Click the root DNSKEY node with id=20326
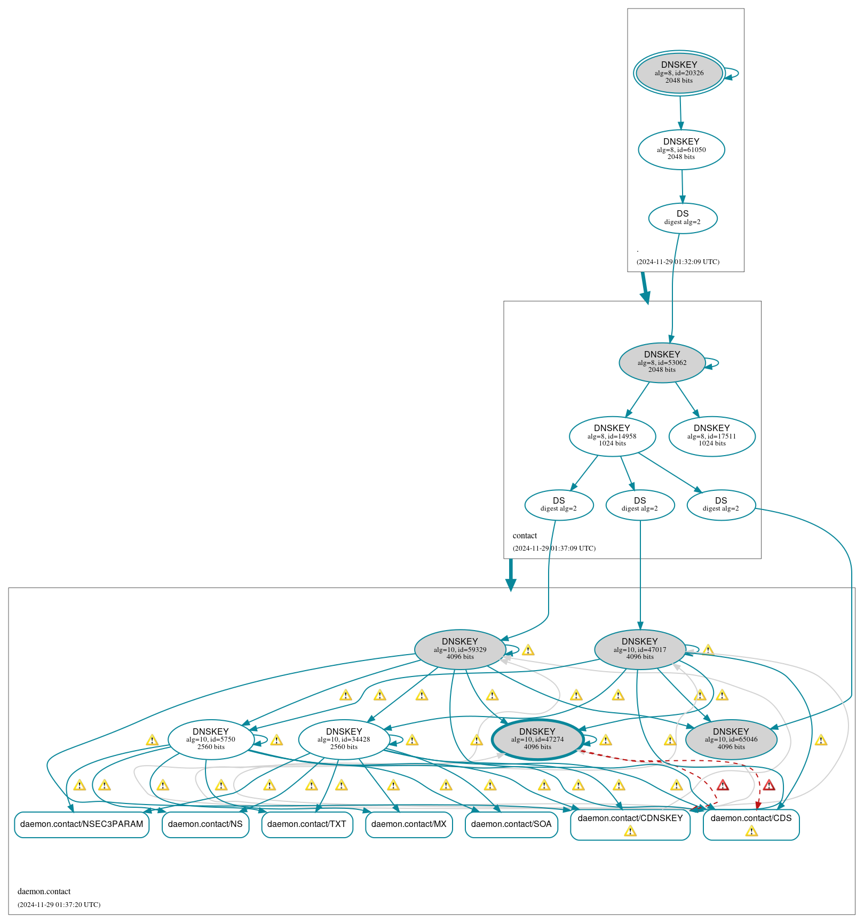click(x=679, y=73)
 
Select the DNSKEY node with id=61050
click(x=681, y=149)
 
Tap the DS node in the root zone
click(x=683, y=218)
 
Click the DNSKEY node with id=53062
click(x=662, y=362)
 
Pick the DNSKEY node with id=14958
click(x=612, y=436)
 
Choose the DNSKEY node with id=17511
click(x=711, y=436)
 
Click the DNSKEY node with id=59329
click(x=459, y=649)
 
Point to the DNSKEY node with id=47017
click(x=639, y=649)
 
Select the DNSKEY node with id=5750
click(x=210, y=739)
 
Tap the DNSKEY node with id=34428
click(x=344, y=739)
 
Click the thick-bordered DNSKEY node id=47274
click(x=537, y=739)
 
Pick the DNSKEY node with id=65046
click(x=731, y=739)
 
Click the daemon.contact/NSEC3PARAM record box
click(x=82, y=824)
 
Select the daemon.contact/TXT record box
click(x=307, y=824)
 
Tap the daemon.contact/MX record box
click(x=409, y=824)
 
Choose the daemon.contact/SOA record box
click(x=511, y=824)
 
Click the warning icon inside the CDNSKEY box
click(x=630, y=831)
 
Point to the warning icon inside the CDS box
click(x=751, y=831)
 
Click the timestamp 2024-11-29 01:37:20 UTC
click(x=59, y=905)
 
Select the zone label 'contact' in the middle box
click(x=525, y=536)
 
